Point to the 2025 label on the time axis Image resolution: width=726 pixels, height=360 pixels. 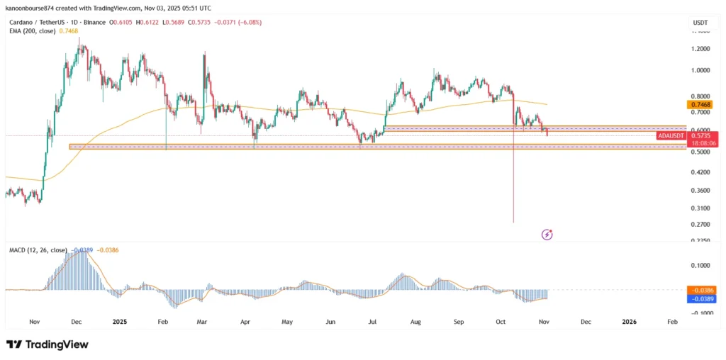[119, 322]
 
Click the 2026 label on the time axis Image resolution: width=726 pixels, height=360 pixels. [628, 322]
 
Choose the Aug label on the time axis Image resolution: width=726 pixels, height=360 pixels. [415, 322]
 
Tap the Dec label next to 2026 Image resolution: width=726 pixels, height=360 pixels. [586, 322]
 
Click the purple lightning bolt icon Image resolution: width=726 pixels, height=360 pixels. [547, 234]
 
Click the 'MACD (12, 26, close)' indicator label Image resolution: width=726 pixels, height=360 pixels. [38, 250]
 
